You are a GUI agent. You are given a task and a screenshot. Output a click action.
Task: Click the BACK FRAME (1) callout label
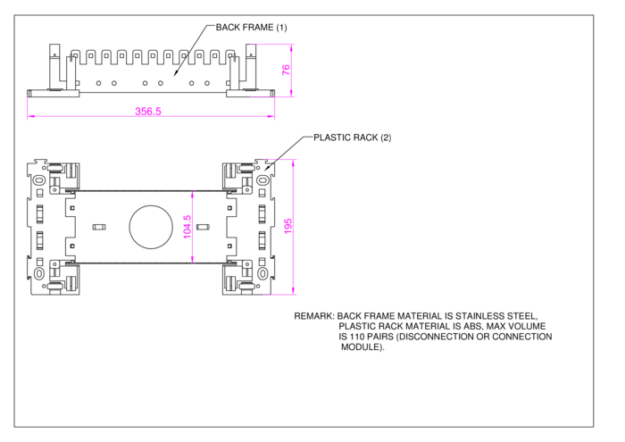(x=251, y=28)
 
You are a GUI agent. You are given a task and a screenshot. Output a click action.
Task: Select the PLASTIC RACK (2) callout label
(x=353, y=138)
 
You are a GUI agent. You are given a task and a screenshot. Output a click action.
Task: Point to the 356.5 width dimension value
(x=148, y=112)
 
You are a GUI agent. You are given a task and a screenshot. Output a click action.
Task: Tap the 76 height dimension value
(x=286, y=70)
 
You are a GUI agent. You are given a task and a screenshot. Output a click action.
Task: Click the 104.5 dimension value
(x=187, y=227)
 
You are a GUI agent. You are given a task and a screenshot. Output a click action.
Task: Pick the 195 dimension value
(x=288, y=227)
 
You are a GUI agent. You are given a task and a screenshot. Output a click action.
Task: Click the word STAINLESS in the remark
(x=479, y=316)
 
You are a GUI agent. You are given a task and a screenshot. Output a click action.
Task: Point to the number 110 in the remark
(x=357, y=337)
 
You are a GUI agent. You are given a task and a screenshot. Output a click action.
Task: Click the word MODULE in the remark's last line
(x=361, y=347)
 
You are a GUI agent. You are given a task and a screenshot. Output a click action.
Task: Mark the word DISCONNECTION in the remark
(x=437, y=337)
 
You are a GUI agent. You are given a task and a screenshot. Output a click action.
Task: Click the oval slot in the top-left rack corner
(x=39, y=180)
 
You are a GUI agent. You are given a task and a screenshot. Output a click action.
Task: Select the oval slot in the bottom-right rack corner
(x=262, y=274)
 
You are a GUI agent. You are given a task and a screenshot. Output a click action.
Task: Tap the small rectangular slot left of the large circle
(x=99, y=227)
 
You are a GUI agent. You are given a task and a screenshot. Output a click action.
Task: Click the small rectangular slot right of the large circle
(x=203, y=227)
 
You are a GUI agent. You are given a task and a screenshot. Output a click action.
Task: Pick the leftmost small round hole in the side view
(x=98, y=83)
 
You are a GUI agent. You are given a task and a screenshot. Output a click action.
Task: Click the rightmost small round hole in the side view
(x=207, y=83)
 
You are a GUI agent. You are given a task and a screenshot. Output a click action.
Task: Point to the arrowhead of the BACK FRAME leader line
(x=174, y=75)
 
